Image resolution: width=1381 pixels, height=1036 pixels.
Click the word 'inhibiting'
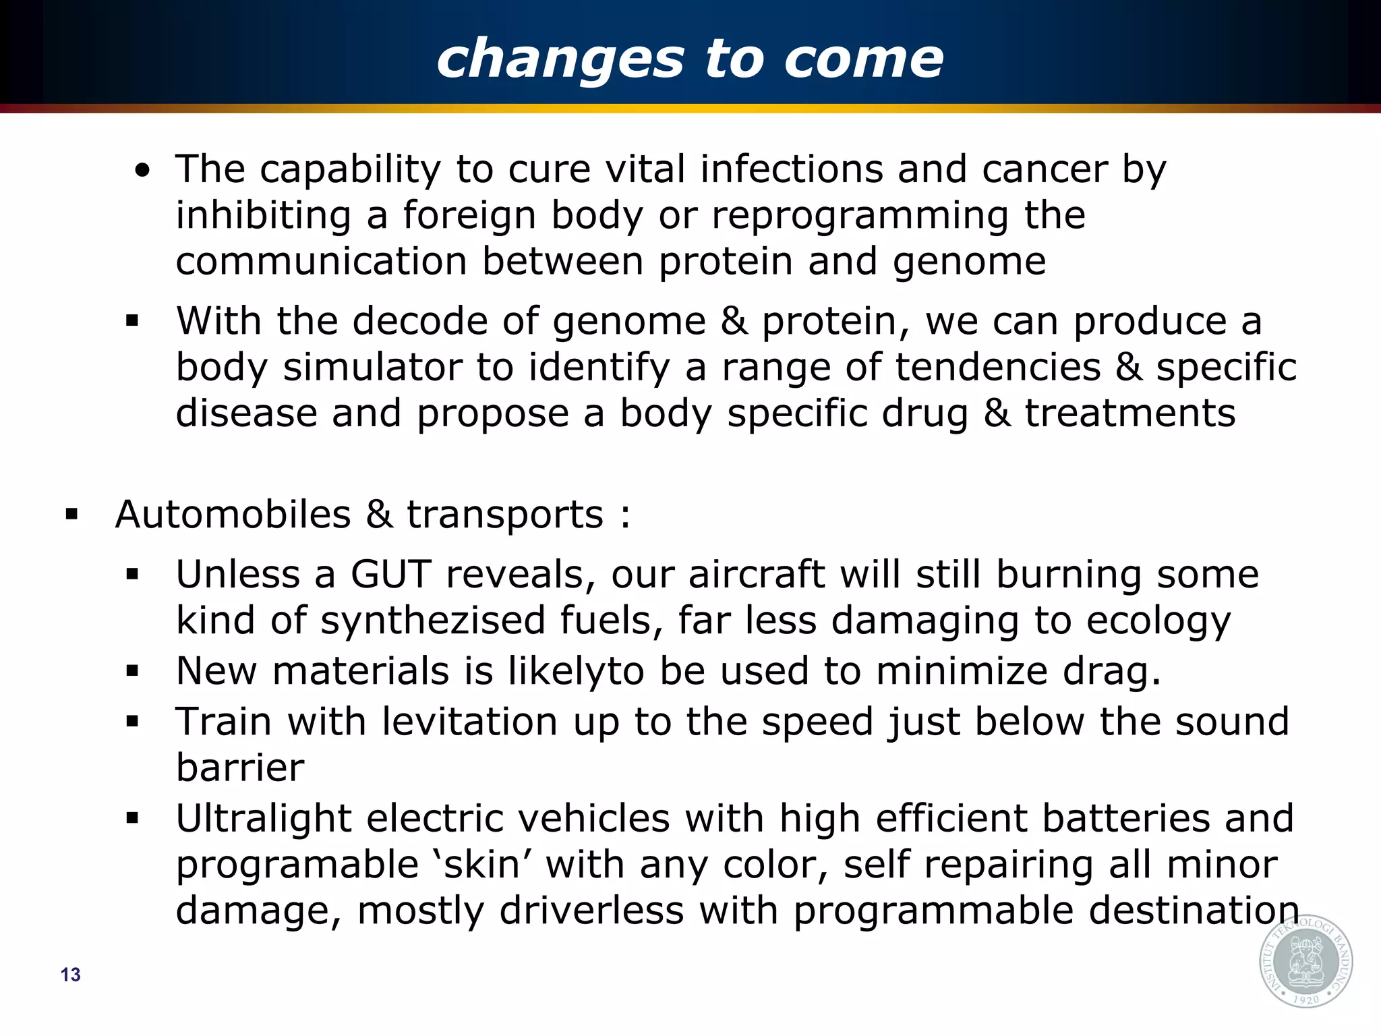[x=264, y=216]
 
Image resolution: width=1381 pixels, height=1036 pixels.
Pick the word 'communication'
[x=322, y=262]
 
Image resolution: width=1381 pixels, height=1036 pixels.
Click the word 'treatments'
[x=1130, y=413]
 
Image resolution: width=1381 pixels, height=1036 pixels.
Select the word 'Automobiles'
[x=233, y=515]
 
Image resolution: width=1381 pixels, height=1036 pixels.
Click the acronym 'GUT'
[x=391, y=575]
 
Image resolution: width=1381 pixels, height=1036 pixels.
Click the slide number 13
[x=70, y=975]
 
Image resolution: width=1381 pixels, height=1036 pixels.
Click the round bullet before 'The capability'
[x=142, y=171]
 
